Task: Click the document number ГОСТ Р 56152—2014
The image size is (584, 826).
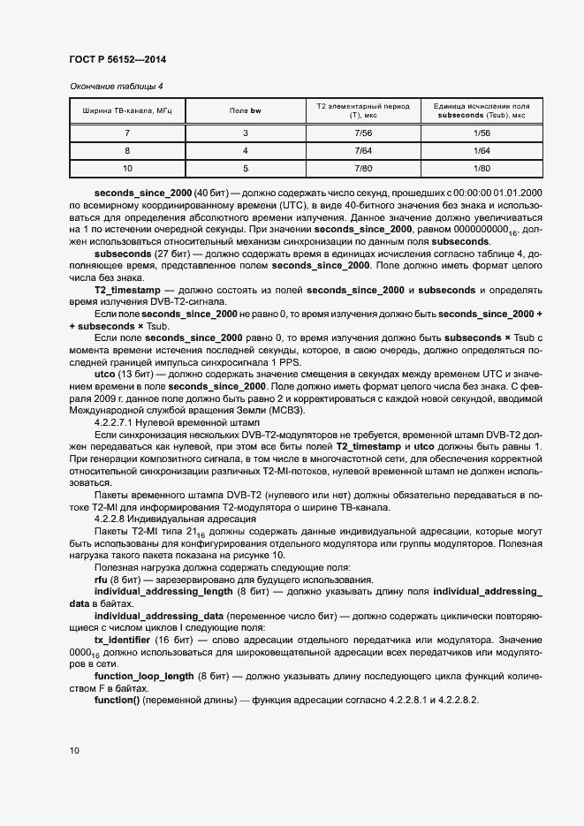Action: pos(117,59)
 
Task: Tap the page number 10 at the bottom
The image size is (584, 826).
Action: pos(74,750)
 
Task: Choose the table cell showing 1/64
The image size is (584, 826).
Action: pos(482,150)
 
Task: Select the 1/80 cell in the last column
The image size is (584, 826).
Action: pos(482,168)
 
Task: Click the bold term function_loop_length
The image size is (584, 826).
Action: pos(144,676)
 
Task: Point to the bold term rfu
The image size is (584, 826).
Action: pos(102,578)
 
